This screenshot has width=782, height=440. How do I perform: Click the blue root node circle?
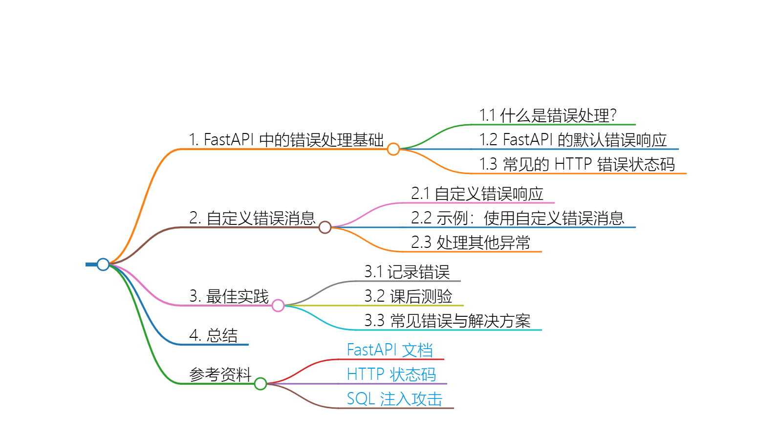point(103,264)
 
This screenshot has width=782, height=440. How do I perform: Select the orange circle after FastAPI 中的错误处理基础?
point(393,149)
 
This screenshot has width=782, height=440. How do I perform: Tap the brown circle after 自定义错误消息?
point(325,227)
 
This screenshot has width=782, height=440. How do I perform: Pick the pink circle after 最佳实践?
point(278,306)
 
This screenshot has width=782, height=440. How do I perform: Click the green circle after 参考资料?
point(261,384)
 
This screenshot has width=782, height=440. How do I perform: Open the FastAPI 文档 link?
point(390,350)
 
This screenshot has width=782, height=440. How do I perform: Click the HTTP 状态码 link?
point(391,374)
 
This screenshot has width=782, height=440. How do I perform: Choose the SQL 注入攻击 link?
point(394,399)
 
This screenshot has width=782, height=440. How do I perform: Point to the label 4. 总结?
point(214,335)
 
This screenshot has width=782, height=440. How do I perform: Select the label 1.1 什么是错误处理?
point(548,115)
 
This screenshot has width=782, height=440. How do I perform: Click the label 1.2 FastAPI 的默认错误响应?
point(573,140)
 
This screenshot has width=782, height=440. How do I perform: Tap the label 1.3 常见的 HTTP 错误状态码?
point(577,164)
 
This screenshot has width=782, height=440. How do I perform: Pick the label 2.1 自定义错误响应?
point(477,194)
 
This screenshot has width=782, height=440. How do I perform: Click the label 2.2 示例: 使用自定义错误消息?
point(518,218)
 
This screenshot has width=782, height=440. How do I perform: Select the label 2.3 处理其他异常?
point(471,242)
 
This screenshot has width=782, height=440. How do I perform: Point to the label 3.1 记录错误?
point(407,272)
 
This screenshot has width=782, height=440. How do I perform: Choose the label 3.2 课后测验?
point(408,296)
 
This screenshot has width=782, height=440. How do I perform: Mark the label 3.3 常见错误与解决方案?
point(447,321)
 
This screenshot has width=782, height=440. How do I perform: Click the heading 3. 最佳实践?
point(229,296)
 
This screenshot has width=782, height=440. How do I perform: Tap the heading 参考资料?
point(220,374)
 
